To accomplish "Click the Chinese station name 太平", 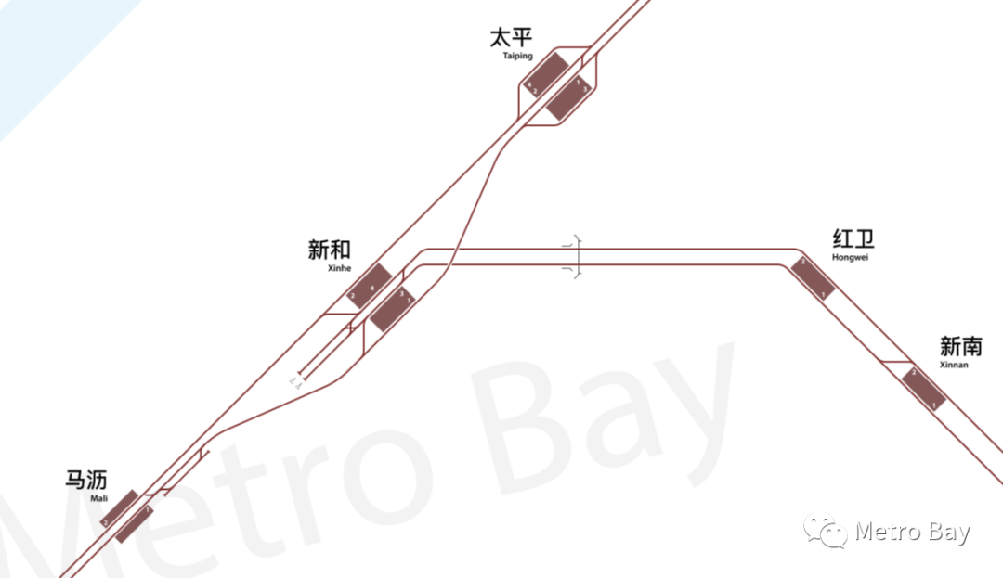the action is click(x=511, y=38).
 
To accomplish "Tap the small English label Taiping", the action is click(x=517, y=57).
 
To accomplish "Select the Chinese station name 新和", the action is click(x=330, y=250).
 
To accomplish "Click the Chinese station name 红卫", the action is click(x=853, y=238).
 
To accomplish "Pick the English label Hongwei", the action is click(x=850, y=257).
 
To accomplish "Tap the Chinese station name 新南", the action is click(x=960, y=347).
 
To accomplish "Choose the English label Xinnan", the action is click(x=954, y=366).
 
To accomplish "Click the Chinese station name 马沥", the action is click(x=85, y=480).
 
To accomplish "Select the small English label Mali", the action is click(x=99, y=498).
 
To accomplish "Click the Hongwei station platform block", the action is click(x=813, y=278).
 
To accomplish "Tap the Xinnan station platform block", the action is click(x=924, y=389).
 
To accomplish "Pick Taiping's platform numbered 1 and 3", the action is click(x=569, y=97).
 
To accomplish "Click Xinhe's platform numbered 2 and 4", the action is click(x=369, y=286).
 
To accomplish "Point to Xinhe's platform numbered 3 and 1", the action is click(x=393, y=309).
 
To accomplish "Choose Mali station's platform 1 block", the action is click(x=135, y=523).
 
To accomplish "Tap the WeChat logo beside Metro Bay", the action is click(x=826, y=532).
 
